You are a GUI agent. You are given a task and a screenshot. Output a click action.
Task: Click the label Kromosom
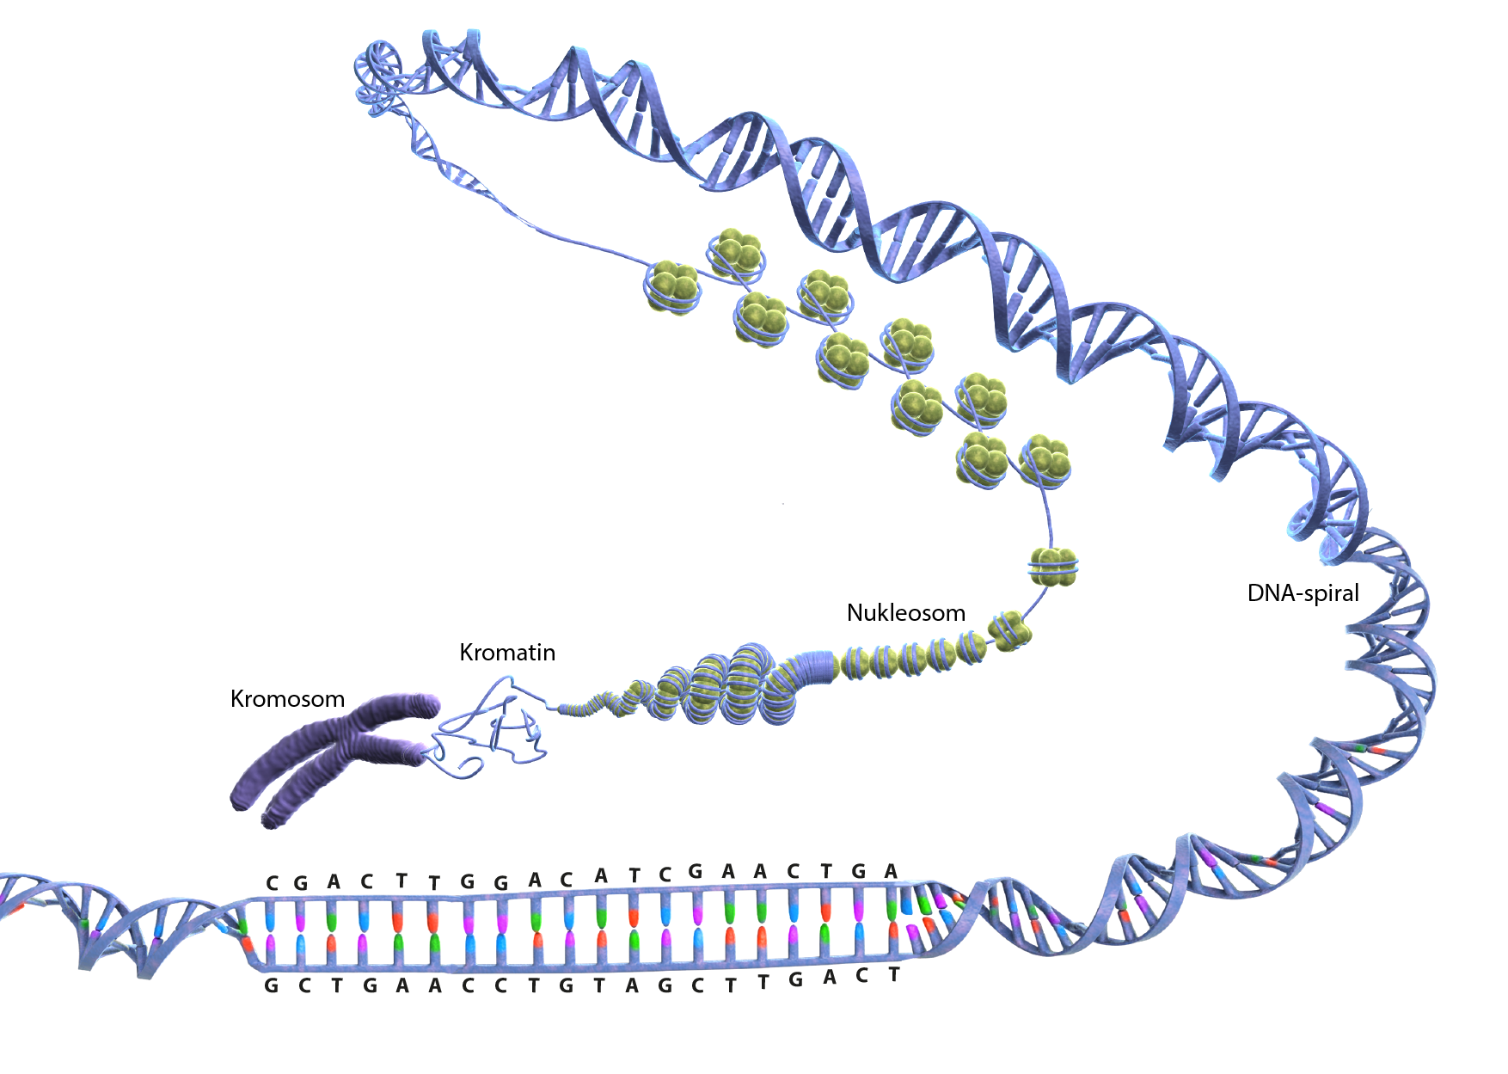tap(287, 699)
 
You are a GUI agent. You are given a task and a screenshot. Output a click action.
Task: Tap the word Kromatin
tap(507, 653)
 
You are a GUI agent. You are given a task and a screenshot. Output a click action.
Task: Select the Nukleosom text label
tap(905, 613)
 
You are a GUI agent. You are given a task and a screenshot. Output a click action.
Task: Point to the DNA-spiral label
tap(1303, 593)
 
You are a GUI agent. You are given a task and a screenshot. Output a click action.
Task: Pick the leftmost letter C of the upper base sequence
tap(273, 883)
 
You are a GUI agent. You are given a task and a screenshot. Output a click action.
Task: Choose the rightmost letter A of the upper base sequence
tap(892, 871)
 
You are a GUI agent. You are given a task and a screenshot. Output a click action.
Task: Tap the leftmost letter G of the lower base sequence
tap(271, 985)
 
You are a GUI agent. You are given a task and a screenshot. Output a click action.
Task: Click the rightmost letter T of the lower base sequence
tap(894, 974)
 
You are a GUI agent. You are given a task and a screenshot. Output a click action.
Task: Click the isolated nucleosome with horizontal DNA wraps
tap(1053, 568)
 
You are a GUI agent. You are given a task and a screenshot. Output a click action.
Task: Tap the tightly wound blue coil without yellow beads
tap(813, 667)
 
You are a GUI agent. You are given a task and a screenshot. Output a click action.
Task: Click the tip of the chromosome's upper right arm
tap(426, 706)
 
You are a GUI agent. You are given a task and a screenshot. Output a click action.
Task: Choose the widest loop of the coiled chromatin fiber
tap(748, 684)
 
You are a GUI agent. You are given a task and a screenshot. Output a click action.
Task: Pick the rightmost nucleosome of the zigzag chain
tap(1045, 461)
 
